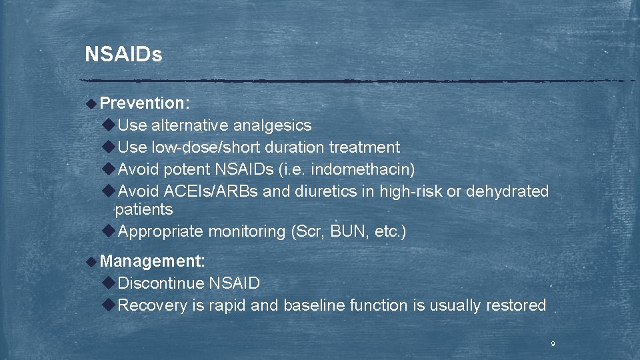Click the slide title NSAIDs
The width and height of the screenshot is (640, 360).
click(123, 55)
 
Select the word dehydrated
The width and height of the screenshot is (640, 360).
click(507, 191)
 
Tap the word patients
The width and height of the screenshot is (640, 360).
click(144, 210)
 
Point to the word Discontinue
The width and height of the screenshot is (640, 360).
click(161, 283)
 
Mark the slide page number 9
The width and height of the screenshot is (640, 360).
click(553, 344)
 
